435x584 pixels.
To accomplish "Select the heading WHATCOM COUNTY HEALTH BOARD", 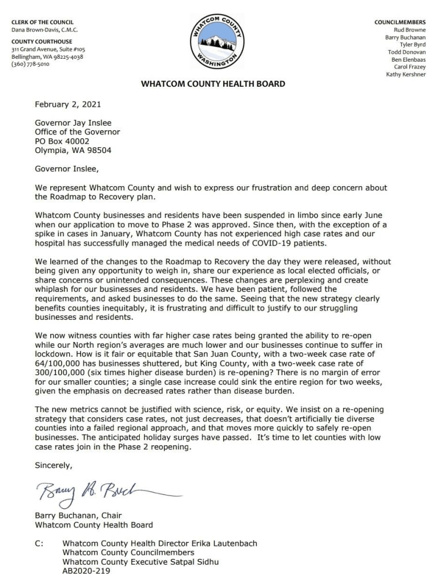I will pos(213,84).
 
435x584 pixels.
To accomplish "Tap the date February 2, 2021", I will pos(66,105).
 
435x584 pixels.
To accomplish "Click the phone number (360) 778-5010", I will pos(30,64).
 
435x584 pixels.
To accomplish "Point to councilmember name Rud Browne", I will pos(410,30).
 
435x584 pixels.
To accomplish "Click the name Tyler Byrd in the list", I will pos(412,45).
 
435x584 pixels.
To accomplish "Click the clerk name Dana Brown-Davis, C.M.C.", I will pos(44,30).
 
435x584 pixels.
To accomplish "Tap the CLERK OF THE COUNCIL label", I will pos(42,22).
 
